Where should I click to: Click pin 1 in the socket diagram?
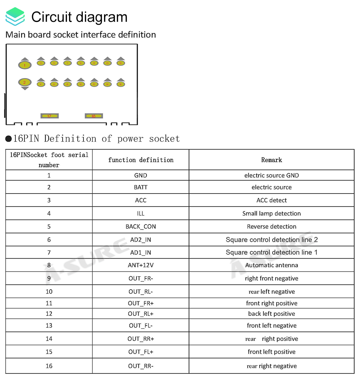click(25, 65)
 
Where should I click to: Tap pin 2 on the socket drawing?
click(25, 82)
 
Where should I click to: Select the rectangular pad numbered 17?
click(49, 116)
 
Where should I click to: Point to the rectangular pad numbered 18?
click(94, 116)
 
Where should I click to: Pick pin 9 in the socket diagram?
click(81, 63)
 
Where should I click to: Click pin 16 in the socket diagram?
click(121, 84)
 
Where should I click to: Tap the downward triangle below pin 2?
click(25, 88)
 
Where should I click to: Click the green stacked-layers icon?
click(15, 17)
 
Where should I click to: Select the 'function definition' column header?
click(141, 160)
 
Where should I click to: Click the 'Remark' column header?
click(271, 160)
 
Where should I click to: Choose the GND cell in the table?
click(141, 175)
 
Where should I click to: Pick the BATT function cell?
click(141, 187)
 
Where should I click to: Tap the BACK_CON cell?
click(141, 227)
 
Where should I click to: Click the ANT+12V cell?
click(141, 265)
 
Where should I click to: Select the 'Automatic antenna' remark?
click(271, 265)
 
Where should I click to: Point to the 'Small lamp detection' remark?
click(271, 213)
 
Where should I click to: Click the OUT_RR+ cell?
click(141, 339)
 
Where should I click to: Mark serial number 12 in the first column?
click(49, 314)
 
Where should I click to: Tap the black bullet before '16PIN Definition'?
click(9, 139)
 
